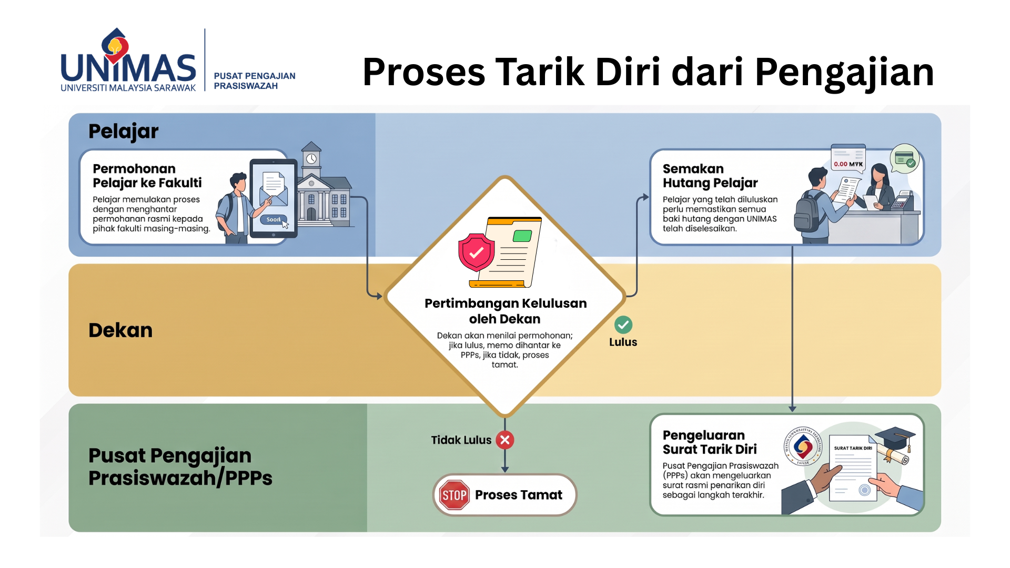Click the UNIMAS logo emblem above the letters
pos(116,46)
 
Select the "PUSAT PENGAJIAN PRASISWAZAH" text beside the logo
pos(255,81)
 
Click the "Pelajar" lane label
pos(123,131)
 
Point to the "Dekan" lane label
pos(120,330)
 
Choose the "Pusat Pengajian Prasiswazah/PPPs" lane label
pos(180,466)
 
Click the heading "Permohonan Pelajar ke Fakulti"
pos(147,176)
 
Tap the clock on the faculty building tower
pos(311,159)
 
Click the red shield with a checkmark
pos(476,252)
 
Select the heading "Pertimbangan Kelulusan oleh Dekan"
pos(505,311)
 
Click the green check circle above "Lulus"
pos(623,325)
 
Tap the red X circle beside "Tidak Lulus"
pos(505,440)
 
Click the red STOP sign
pos(454,495)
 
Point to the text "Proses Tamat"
pos(519,495)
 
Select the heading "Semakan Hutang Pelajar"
pos(710,176)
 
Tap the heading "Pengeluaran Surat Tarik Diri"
pos(710,442)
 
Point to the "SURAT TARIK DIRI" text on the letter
pos(853,449)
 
